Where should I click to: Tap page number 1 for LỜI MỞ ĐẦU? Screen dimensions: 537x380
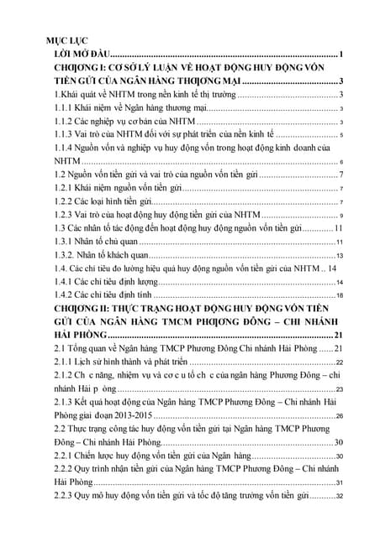tap(342, 55)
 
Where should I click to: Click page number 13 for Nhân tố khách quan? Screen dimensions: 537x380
tap(339, 255)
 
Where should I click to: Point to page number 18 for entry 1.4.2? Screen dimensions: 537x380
tap(339, 296)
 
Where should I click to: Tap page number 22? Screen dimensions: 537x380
tap(339, 362)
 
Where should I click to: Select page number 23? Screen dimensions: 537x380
tap(339, 390)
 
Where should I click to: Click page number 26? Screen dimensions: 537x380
tap(339, 416)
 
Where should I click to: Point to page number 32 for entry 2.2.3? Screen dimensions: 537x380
tap(339, 497)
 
